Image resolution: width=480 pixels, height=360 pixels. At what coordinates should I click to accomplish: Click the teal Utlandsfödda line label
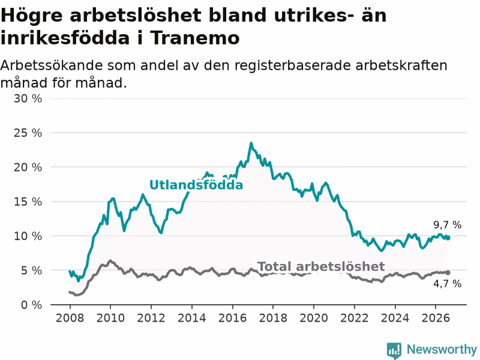click(x=196, y=185)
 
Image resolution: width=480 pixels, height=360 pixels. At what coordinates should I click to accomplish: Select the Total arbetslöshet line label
click(x=321, y=266)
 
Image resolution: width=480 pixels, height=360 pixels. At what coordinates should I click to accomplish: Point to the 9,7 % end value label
click(x=447, y=225)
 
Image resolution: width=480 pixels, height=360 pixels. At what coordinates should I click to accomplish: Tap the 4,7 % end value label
click(x=447, y=284)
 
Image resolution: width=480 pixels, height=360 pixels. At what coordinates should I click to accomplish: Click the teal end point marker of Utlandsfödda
click(x=448, y=238)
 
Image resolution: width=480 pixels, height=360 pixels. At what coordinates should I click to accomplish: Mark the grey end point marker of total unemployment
click(x=448, y=272)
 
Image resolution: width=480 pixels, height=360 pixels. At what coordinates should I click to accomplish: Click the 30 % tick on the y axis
click(x=28, y=98)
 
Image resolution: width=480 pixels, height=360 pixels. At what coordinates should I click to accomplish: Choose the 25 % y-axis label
click(x=28, y=133)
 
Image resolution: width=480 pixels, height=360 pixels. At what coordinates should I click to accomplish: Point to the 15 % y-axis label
click(x=28, y=202)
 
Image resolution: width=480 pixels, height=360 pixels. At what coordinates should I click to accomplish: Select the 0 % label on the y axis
click(x=31, y=305)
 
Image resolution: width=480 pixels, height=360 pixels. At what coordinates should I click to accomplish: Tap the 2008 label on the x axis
click(x=70, y=318)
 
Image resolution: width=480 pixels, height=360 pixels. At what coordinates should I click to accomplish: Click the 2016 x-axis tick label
click(x=232, y=318)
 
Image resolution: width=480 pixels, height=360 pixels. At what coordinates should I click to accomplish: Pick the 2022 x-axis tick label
click(x=354, y=318)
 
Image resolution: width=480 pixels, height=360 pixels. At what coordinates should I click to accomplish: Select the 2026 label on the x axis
click(x=436, y=318)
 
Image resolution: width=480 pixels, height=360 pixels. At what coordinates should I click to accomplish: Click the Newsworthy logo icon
click(x=394, y=350)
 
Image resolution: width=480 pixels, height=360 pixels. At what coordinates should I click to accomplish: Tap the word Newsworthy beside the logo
click(x=442, y=349)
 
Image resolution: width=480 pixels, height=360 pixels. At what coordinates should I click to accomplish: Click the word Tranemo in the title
click(x=194, y=38)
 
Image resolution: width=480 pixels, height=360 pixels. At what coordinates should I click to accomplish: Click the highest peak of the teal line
click(x=251, y=143)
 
